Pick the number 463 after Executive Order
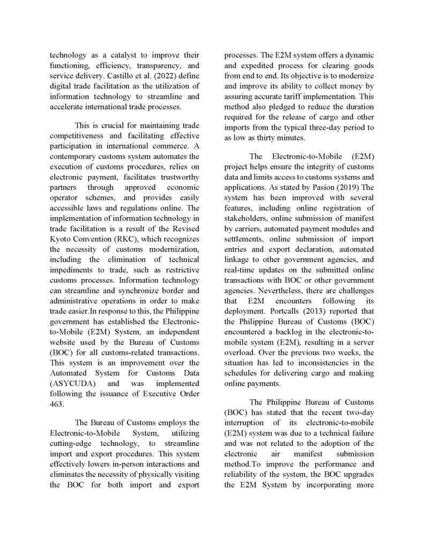(56, 404)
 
